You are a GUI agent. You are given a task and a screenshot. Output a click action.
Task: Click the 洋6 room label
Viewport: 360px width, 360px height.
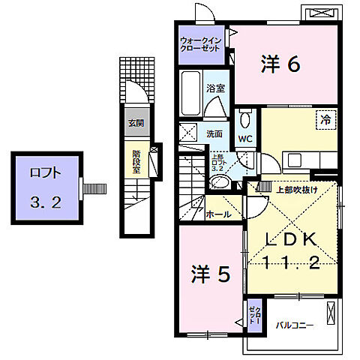280,65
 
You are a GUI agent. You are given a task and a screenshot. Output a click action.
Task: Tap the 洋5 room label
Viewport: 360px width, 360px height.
209,275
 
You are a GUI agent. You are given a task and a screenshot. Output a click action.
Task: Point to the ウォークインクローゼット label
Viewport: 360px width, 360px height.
201,44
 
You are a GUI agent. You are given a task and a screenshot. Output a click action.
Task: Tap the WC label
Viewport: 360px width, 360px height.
245,139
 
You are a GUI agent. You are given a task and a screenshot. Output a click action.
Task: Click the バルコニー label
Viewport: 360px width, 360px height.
295,325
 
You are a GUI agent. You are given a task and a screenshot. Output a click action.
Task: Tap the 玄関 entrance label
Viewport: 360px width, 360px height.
135,122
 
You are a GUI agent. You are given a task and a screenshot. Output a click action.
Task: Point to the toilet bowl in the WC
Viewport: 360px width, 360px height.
244,119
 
